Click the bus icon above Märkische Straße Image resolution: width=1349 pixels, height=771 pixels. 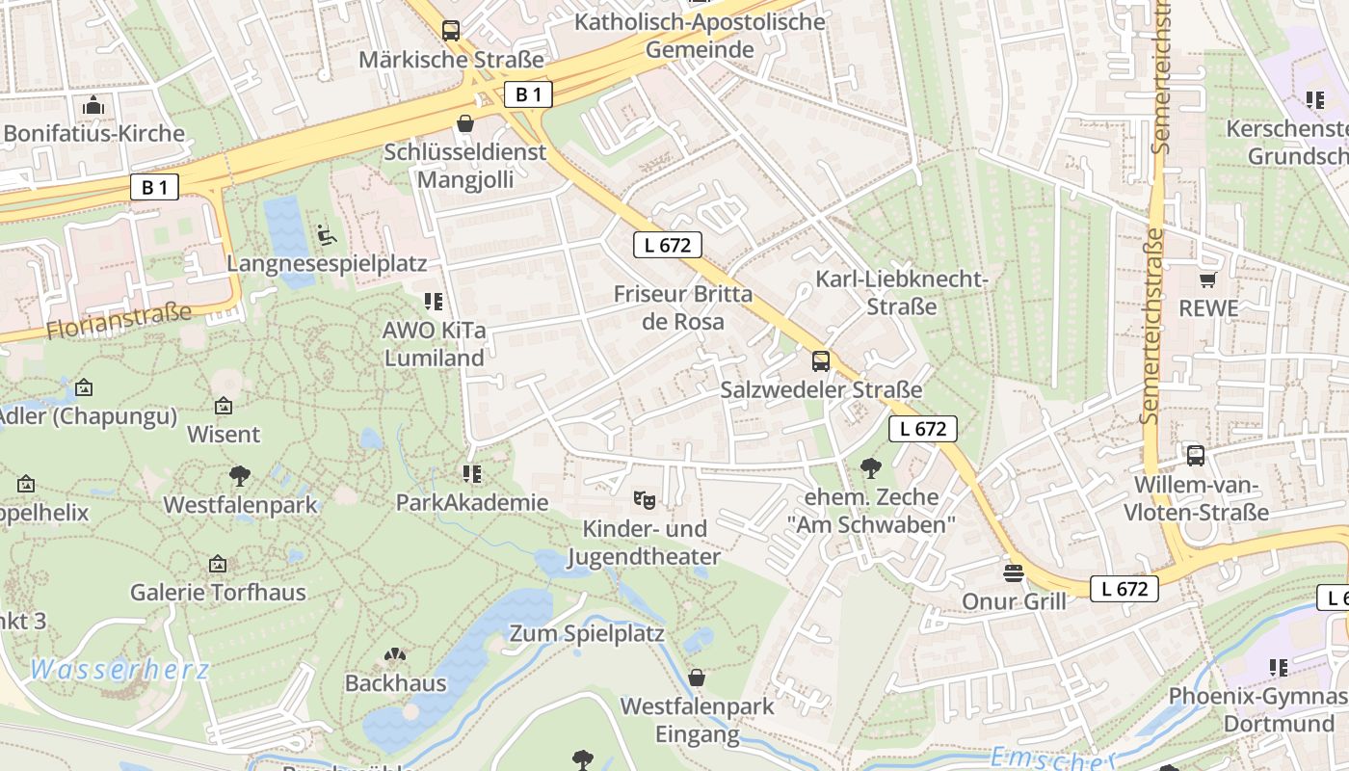pyautogui.click(x=451, y=30)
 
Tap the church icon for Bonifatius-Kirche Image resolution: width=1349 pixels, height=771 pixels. pyautogui.click(x=93, y=104)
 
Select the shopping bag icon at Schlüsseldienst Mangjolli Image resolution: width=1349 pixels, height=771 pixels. pyautogui.click(x=465, y=123)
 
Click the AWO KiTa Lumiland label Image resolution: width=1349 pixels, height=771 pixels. pyautogui.click(x=434, y=344)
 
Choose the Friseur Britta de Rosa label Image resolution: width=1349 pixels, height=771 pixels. pyautogui.click(x=682, y=307)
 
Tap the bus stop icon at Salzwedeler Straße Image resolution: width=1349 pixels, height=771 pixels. pyautogui.click(x=821, y=361)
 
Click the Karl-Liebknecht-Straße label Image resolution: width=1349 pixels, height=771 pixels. pyautogui.click(x=902, y=293)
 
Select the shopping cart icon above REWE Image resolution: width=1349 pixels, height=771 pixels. pyautogui.click(x=1207, y=279)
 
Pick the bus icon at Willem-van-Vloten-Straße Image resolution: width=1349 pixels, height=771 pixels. pyautogui.click(x=1196, y=455)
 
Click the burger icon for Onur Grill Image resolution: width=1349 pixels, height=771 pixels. pyautogui.click(x=1013, y=573)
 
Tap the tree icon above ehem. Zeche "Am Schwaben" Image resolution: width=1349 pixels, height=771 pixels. pyautogui.click(x=871, y=468)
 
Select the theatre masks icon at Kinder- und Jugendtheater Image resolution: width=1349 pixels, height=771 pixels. pyautogui.click(x=644, y=499)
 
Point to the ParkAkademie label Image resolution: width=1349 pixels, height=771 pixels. pyautogui.click(x=472, y=502)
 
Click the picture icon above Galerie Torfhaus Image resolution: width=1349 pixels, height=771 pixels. pyautogui.click(x=218, y=564)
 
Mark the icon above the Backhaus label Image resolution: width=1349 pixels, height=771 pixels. pyautogui.click(x=395, y=655)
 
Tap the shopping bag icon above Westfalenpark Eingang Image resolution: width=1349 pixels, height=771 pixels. pyautogui.click(x=697, y=678)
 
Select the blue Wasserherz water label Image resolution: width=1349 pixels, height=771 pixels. pyautogui.click(x=119, y=669)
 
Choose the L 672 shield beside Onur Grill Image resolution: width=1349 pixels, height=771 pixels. pyautogui.click(x=1124, y=589)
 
